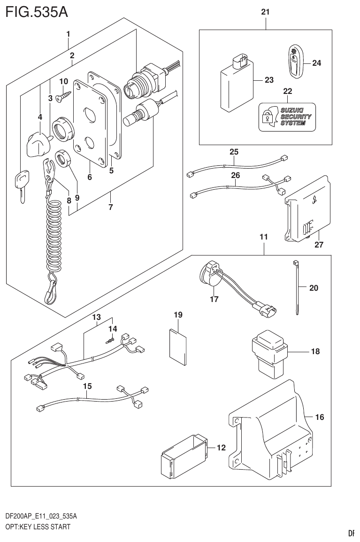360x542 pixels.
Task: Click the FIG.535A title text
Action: click(35, 11)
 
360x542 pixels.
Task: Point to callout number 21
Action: click(265, 13)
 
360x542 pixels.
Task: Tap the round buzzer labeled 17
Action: click(209, 275)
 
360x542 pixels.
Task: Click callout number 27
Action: click(319, 245)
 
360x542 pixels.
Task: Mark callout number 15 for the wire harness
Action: click(87, 386)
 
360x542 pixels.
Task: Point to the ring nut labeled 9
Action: click(64, 158)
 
